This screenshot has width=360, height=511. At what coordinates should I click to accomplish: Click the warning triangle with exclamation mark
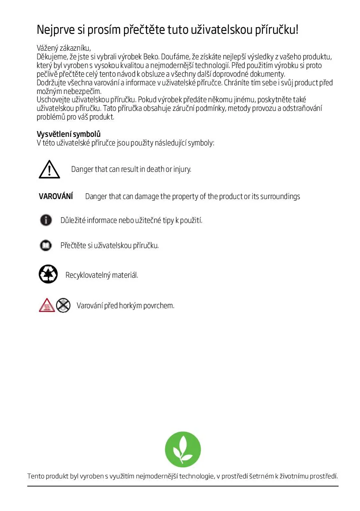tap(49, 169)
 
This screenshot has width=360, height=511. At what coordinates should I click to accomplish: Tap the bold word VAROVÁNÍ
tap(56, 197)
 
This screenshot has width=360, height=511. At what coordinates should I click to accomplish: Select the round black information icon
tap(46, 220)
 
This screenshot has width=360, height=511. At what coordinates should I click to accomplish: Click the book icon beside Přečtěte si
tap(46, 246)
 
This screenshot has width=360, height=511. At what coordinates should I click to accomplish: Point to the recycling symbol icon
tap(48, 274)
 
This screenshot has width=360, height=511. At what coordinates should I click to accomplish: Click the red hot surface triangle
tap(47, 305)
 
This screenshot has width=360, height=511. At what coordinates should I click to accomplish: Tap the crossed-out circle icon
tap(63, 305)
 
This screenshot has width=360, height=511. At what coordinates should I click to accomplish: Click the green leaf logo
tap(182, 450)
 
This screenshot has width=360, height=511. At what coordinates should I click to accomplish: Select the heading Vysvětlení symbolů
tap(69, 134)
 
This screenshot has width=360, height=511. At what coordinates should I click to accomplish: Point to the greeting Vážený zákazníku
tap(63, 48)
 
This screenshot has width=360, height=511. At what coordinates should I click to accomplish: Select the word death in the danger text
tap(155, 169)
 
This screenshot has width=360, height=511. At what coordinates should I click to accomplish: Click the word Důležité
tap(73, 220)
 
